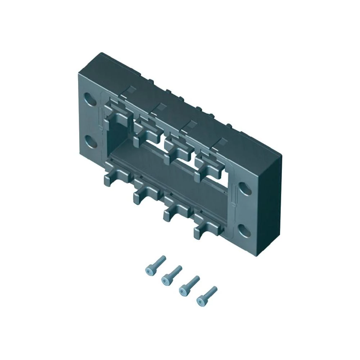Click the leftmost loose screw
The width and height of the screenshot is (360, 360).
[154, 264]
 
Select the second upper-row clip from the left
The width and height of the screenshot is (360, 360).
[146, 130]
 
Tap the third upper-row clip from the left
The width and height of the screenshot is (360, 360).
[176, 148]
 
